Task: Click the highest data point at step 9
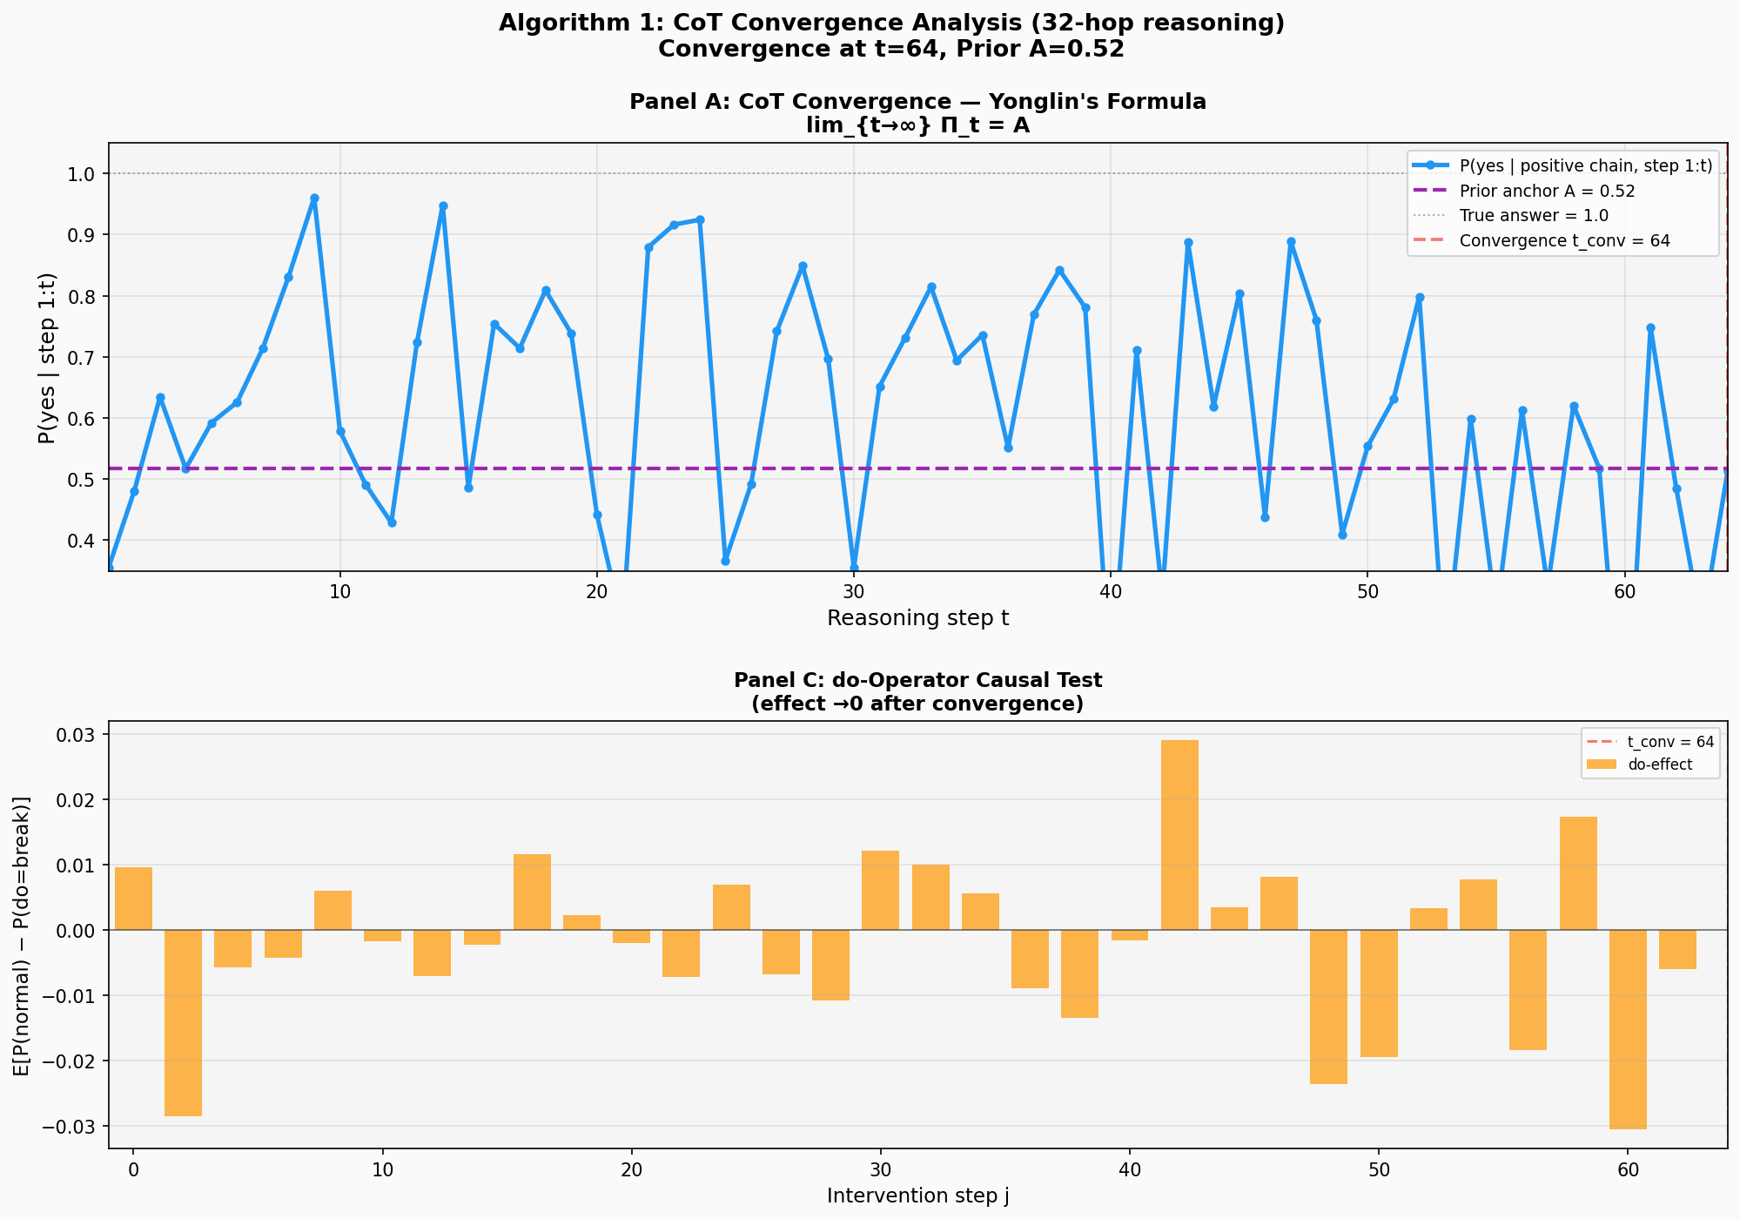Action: click(314, 199)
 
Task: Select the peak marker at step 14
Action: click(443, 206)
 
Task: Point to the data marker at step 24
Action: click(700, 220)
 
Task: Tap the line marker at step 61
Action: click(1650, 328)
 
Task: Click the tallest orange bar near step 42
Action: click(1179, 834)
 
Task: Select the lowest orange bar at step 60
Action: click(1628, 1029)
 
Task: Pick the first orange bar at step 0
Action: click(133, 899)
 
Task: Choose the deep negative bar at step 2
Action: click(184, 1022)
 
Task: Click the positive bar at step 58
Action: click(1578, 873)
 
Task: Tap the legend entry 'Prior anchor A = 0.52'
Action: click(1547, 192)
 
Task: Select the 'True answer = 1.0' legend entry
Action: click(1534, 216)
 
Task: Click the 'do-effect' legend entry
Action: click(1660, 765)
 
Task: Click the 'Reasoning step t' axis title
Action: click(917, 619)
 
